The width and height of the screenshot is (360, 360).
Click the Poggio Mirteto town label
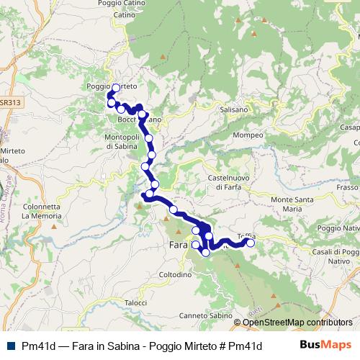point(112,86)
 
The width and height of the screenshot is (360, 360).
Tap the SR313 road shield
point(10,103)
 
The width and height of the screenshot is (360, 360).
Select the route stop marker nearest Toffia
point(251,243)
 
